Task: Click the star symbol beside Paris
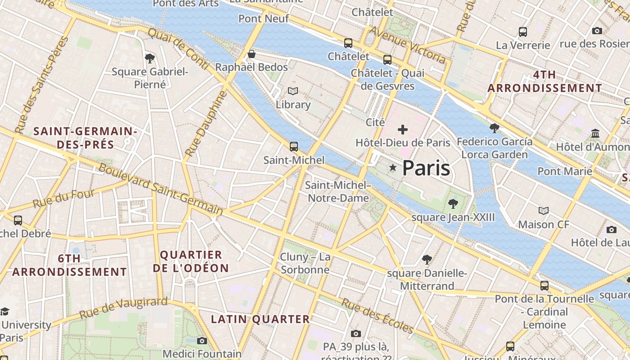[393, 168]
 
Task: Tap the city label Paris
[426, 168]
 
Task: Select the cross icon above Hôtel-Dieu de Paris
[403, 130]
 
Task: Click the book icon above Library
[293, 91]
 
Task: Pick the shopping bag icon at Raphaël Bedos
[252, 54]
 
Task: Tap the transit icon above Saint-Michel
[294, 147]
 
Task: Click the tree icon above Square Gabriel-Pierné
[150, 58]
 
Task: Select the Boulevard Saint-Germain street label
[160, 189]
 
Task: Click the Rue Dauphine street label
[205, 124]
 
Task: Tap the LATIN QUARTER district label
[261, 319]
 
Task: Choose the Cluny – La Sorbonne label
[305, 263]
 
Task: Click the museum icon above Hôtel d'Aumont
[596, 134]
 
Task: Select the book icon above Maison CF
[544, 211]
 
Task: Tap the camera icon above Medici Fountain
[202, 341]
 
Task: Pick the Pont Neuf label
[264, 18]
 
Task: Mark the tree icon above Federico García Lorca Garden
[495, 128]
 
